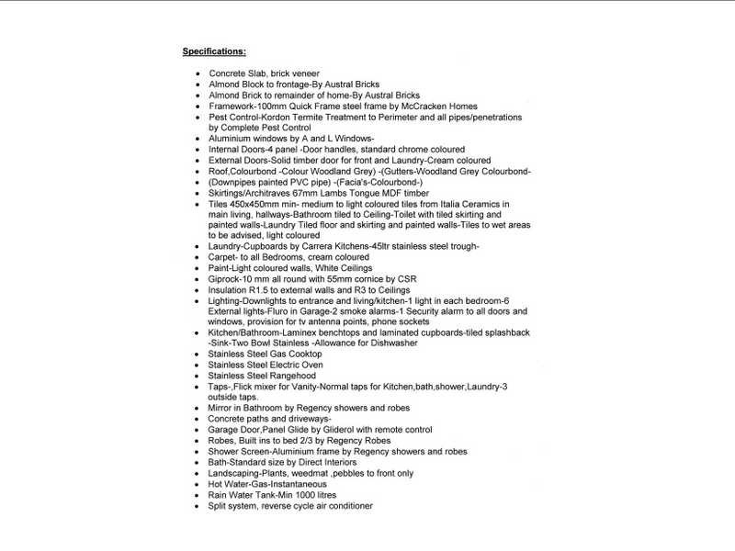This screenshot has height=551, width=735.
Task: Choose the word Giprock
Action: pos(226,279)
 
